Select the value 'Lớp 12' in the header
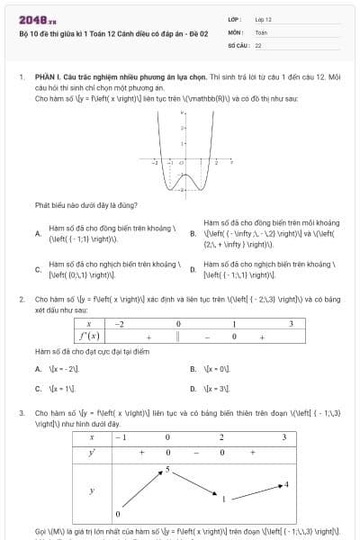[264, 19]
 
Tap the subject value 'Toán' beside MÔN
[261, 31]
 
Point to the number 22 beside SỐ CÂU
[258, 43]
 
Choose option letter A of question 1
[38, 233]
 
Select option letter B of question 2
[193, 369]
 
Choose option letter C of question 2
[38, 389]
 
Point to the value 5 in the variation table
[167, 470]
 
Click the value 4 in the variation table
[286, 484]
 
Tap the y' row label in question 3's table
[91, 453]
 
